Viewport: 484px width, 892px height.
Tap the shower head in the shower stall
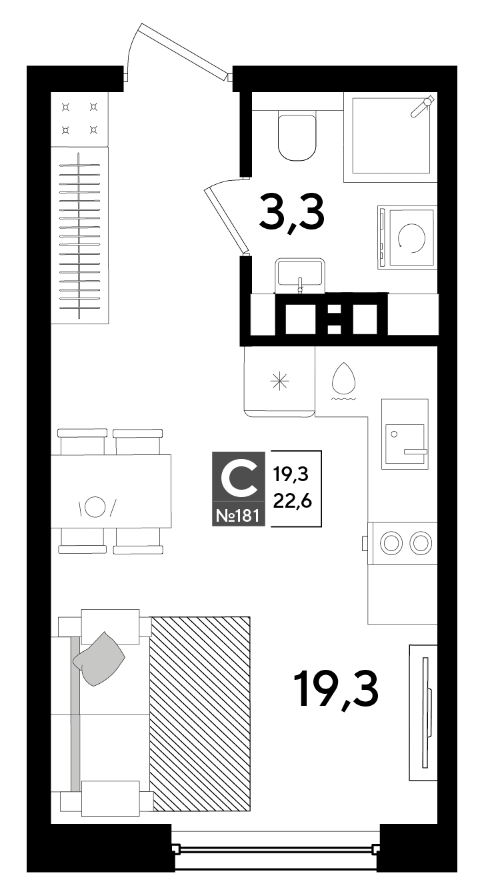[x=422, y=106]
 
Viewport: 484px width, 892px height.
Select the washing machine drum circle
[x=412, y=238]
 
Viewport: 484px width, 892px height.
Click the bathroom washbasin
[x=300, y=275]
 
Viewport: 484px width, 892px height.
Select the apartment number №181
[x=237, y=516]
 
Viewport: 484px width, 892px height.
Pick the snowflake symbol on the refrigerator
[x=279, y=382]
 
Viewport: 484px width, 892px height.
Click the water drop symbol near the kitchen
[x=343, y=377]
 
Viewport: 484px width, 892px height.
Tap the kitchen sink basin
[x=405, y=444]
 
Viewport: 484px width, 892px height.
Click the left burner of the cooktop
[x=391, y=542]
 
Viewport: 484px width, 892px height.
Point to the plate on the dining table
[x=95, y=506]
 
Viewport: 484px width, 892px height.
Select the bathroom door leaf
[x=226, y=219]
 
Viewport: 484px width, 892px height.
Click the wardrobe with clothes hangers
[x=79, y=235]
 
